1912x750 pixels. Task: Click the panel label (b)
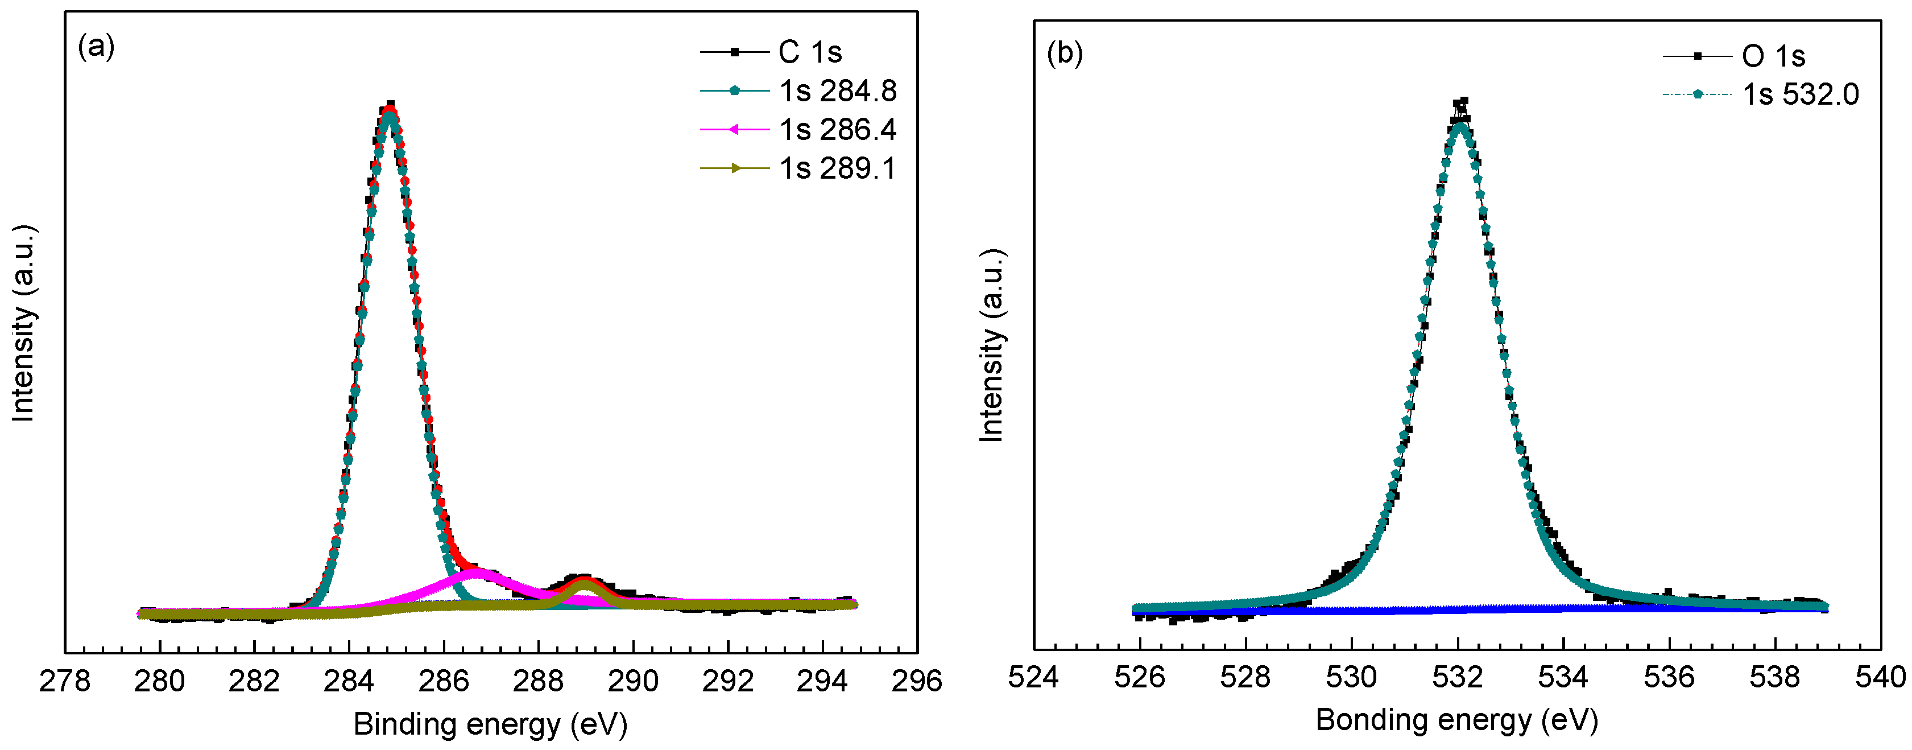click(x=1065, y=53)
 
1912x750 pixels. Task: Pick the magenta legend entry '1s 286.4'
click(x=837, y=130)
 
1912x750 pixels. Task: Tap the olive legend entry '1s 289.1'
click(x=837, y=168)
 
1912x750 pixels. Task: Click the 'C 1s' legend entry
click(x=810, y=52)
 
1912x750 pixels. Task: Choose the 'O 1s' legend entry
click(x=1773, y=56)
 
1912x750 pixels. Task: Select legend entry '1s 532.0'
click(x=1800, y=94)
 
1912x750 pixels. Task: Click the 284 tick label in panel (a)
click(x=349, y=680)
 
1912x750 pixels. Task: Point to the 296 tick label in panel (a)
click(x=917, y=680)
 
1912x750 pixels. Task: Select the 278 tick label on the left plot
click(x=65, y=680)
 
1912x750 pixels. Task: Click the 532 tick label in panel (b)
click(x=1458, y=677)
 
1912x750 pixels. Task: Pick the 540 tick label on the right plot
click(x=1880, y=677)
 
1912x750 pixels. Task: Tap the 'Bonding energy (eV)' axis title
click(x=1456, y=719)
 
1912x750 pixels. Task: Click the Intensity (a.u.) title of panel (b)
click(x=992, y=345)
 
